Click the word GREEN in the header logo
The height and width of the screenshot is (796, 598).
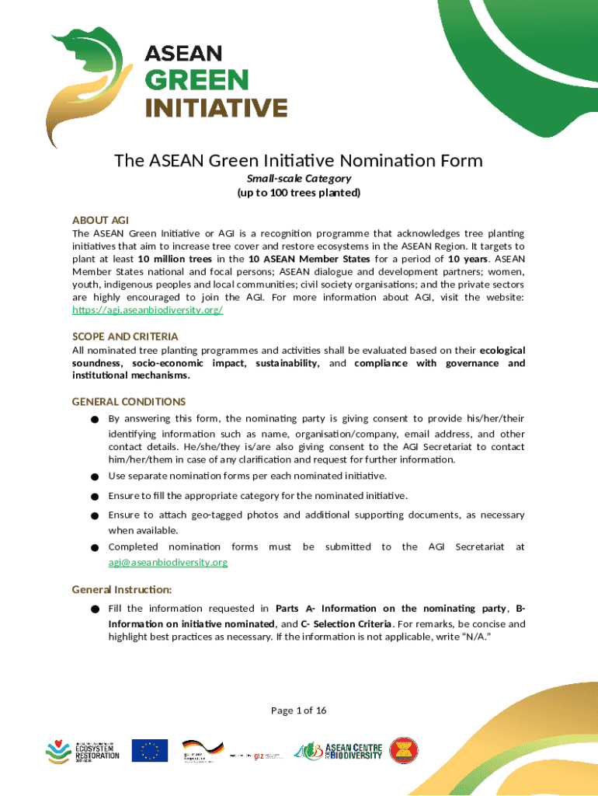pyautogui.click(x=197, y=80)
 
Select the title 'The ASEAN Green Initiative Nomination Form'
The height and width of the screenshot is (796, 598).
pyautogui.click(x=298, y=161)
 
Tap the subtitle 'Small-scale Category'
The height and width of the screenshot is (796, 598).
pyautogui.click(x=298, y=179)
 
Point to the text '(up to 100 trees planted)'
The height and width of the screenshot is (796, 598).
pyautogui.click(x=298, y=193)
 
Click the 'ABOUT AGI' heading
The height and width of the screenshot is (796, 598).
pyautogui.click(x=100, y=219)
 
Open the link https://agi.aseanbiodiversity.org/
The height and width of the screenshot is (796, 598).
pyautogui.click(x=148, y=310)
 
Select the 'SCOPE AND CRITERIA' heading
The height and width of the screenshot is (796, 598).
pyautogui.click(x=125, y=337)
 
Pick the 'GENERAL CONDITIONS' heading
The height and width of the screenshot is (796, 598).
pyautogui.click(x=129, y=402)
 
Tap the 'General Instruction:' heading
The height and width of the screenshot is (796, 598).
pyautogui.click(x=122, y=589)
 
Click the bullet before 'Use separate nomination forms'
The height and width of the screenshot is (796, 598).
pyautogui.click(x=93, y=477)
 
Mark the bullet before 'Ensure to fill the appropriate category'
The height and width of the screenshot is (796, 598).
pyautogui.click(x=93, y=496)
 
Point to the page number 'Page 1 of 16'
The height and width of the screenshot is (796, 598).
pyautogui.click(x=298, y=710)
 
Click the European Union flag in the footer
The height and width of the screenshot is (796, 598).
pyautogui.click(x=149, y=751)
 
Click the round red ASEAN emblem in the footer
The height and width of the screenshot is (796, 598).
pyautogui.click(x=403, y=751)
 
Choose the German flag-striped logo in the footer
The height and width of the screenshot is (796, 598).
pyautogui.click(x=203, y=750)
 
